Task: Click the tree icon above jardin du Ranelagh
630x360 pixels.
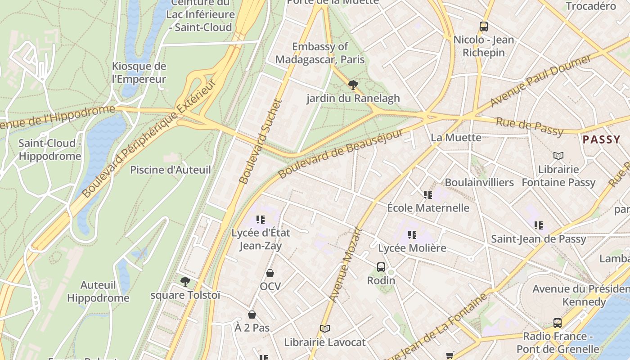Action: click(353, 84)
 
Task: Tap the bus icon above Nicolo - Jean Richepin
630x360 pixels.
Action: click(484, 27)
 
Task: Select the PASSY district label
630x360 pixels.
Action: click(601, 140)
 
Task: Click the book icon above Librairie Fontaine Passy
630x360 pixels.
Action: click(558, 156)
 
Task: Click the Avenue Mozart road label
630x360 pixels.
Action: click(346, 265)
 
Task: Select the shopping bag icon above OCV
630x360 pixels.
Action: click(270, 273)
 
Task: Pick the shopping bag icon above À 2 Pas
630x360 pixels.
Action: click(252, 314)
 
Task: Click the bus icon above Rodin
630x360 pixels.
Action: click(381, 267)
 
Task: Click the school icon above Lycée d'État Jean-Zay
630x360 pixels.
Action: click(261, 219)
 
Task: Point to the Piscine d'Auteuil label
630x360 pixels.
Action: click(170, 170)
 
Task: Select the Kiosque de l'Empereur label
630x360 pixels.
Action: click(139, 73)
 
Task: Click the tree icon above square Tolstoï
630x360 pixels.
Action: click(185, 282)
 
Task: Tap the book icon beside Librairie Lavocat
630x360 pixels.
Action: click(325, 329)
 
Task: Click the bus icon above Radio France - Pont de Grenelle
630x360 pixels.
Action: click(558, 323)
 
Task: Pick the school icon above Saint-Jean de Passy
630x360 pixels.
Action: click(538, 225)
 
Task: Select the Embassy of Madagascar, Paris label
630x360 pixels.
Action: click(320, 53)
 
